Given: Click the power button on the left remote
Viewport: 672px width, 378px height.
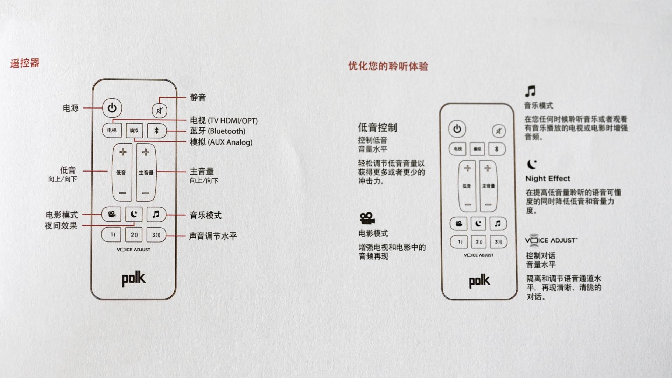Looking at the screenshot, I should point(112,108).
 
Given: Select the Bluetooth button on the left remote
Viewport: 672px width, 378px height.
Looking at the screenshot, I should point(156,131).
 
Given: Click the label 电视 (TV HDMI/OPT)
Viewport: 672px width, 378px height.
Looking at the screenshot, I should point(224,121).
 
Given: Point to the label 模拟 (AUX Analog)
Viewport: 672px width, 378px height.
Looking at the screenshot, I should point(221,142).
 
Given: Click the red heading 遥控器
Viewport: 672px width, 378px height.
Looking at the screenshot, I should point(25,63).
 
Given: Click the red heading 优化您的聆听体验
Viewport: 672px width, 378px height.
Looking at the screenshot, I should point(388,66).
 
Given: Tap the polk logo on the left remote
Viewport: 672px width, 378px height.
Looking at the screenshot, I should point(133,279).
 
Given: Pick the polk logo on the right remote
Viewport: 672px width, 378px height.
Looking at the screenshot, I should point(479,281).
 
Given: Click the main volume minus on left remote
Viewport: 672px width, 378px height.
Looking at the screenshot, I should point(146,193).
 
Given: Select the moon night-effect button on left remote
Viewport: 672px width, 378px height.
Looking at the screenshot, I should point(134,214).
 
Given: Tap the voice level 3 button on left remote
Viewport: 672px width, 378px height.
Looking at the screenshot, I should point(156,235).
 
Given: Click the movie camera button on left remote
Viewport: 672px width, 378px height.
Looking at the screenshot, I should point(112,214).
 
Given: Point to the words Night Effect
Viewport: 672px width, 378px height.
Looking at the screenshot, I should point(547,178).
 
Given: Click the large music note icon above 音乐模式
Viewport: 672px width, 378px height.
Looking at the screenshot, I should point(530,91).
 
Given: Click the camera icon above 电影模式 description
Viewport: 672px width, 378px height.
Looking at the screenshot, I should point(367,218).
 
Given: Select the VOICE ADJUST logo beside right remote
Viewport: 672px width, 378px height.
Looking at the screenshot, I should point(551,240).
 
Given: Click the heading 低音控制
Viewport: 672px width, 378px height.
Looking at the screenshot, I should point(377,127).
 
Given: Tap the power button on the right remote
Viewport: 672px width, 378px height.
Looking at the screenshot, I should point(457,129).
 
